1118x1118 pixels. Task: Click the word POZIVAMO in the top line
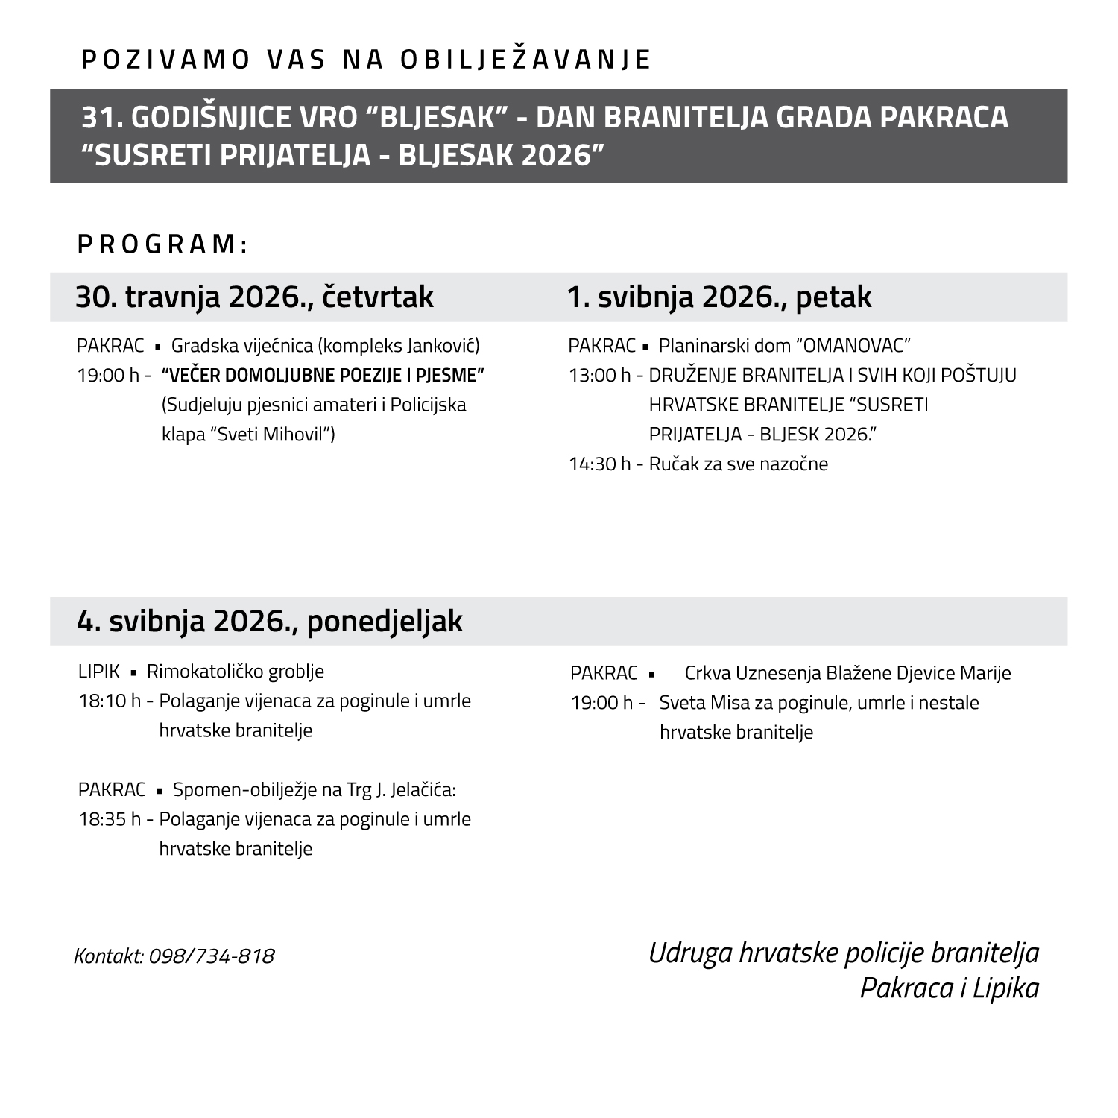tap(165, 60)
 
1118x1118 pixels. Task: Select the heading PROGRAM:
tap(162, 244)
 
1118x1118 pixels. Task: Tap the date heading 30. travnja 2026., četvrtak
tap(254, 297)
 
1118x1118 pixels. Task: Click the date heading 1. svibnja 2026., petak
tap(719, 297)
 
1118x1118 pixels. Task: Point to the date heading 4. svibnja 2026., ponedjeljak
tap(269, 621)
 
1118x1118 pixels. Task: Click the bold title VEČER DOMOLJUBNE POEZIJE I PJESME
tap(323, 375)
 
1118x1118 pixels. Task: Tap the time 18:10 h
tap(110, 701)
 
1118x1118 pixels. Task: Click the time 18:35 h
tap(110, 819)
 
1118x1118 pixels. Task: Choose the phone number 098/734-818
tap(212, 956)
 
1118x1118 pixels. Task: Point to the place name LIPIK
tap(98, 672)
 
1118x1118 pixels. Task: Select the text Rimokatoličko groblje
tap(236, 672)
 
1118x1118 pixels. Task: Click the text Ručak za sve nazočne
tap(739, 464)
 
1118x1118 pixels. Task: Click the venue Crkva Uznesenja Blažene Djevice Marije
tap(847, 673)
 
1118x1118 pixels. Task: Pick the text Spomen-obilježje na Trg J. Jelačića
tap(314, 789)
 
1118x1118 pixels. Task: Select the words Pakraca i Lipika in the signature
tap(949, 988)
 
